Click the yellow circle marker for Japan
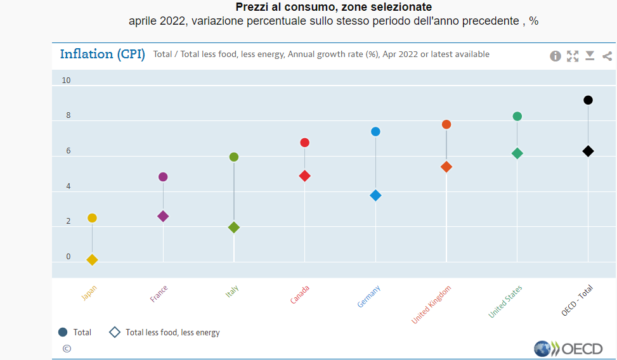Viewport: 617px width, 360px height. click(92, 218)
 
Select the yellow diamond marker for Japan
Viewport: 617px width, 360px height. click(92, 260)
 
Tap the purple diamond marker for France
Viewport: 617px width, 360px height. click(163, 216)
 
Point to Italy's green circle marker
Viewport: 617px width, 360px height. click(233, 157)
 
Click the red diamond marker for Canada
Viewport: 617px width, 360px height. click(304, 176)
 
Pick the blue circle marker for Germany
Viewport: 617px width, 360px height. click(375, 132)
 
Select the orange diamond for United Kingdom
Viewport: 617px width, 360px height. click(446, 167)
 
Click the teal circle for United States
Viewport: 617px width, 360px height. click(517, 117)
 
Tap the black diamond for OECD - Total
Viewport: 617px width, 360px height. click(588, 151)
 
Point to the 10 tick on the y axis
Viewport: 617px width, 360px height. click(67, 80)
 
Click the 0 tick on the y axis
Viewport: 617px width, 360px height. click(68, 257)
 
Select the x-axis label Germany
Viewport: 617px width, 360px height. click(369, 297)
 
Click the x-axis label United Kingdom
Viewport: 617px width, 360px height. click(432, 305)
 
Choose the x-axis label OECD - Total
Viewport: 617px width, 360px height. click(578, 300)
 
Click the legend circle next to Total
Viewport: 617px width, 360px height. click(63, 332)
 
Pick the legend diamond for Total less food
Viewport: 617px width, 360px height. click(115, 332)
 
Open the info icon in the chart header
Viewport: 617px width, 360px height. click(555, 56)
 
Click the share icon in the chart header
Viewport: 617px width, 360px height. click(607, 56)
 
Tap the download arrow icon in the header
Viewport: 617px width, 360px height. click(590, 56)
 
